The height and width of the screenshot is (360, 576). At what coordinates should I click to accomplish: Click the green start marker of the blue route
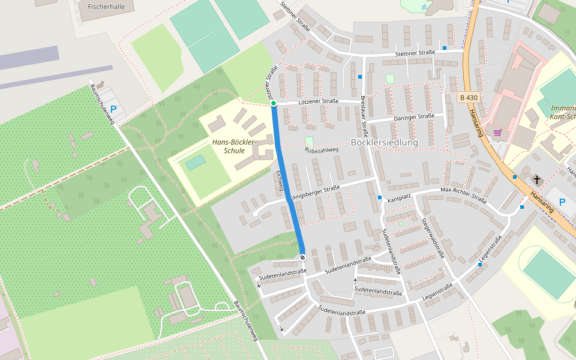click(274, 104)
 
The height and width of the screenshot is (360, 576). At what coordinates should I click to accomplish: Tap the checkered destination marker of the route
click(302, 257)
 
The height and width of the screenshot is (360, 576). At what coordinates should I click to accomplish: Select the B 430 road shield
click(469, 97)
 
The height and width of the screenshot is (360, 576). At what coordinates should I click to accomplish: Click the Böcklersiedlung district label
click(383, 142)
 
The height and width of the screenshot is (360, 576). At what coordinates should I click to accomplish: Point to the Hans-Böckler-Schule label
click(233, 146)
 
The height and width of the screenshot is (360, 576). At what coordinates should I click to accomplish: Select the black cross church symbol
click(536, 179)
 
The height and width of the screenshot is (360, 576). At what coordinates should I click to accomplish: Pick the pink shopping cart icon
click(497, 133)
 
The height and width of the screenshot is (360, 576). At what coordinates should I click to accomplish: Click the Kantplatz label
click(399, 199)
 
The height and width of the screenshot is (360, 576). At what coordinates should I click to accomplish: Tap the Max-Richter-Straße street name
click(463, 194)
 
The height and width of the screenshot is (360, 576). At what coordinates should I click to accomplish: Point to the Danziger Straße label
click(414, 116)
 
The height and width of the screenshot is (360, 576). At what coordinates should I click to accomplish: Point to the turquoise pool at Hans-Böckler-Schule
click(195, 162)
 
